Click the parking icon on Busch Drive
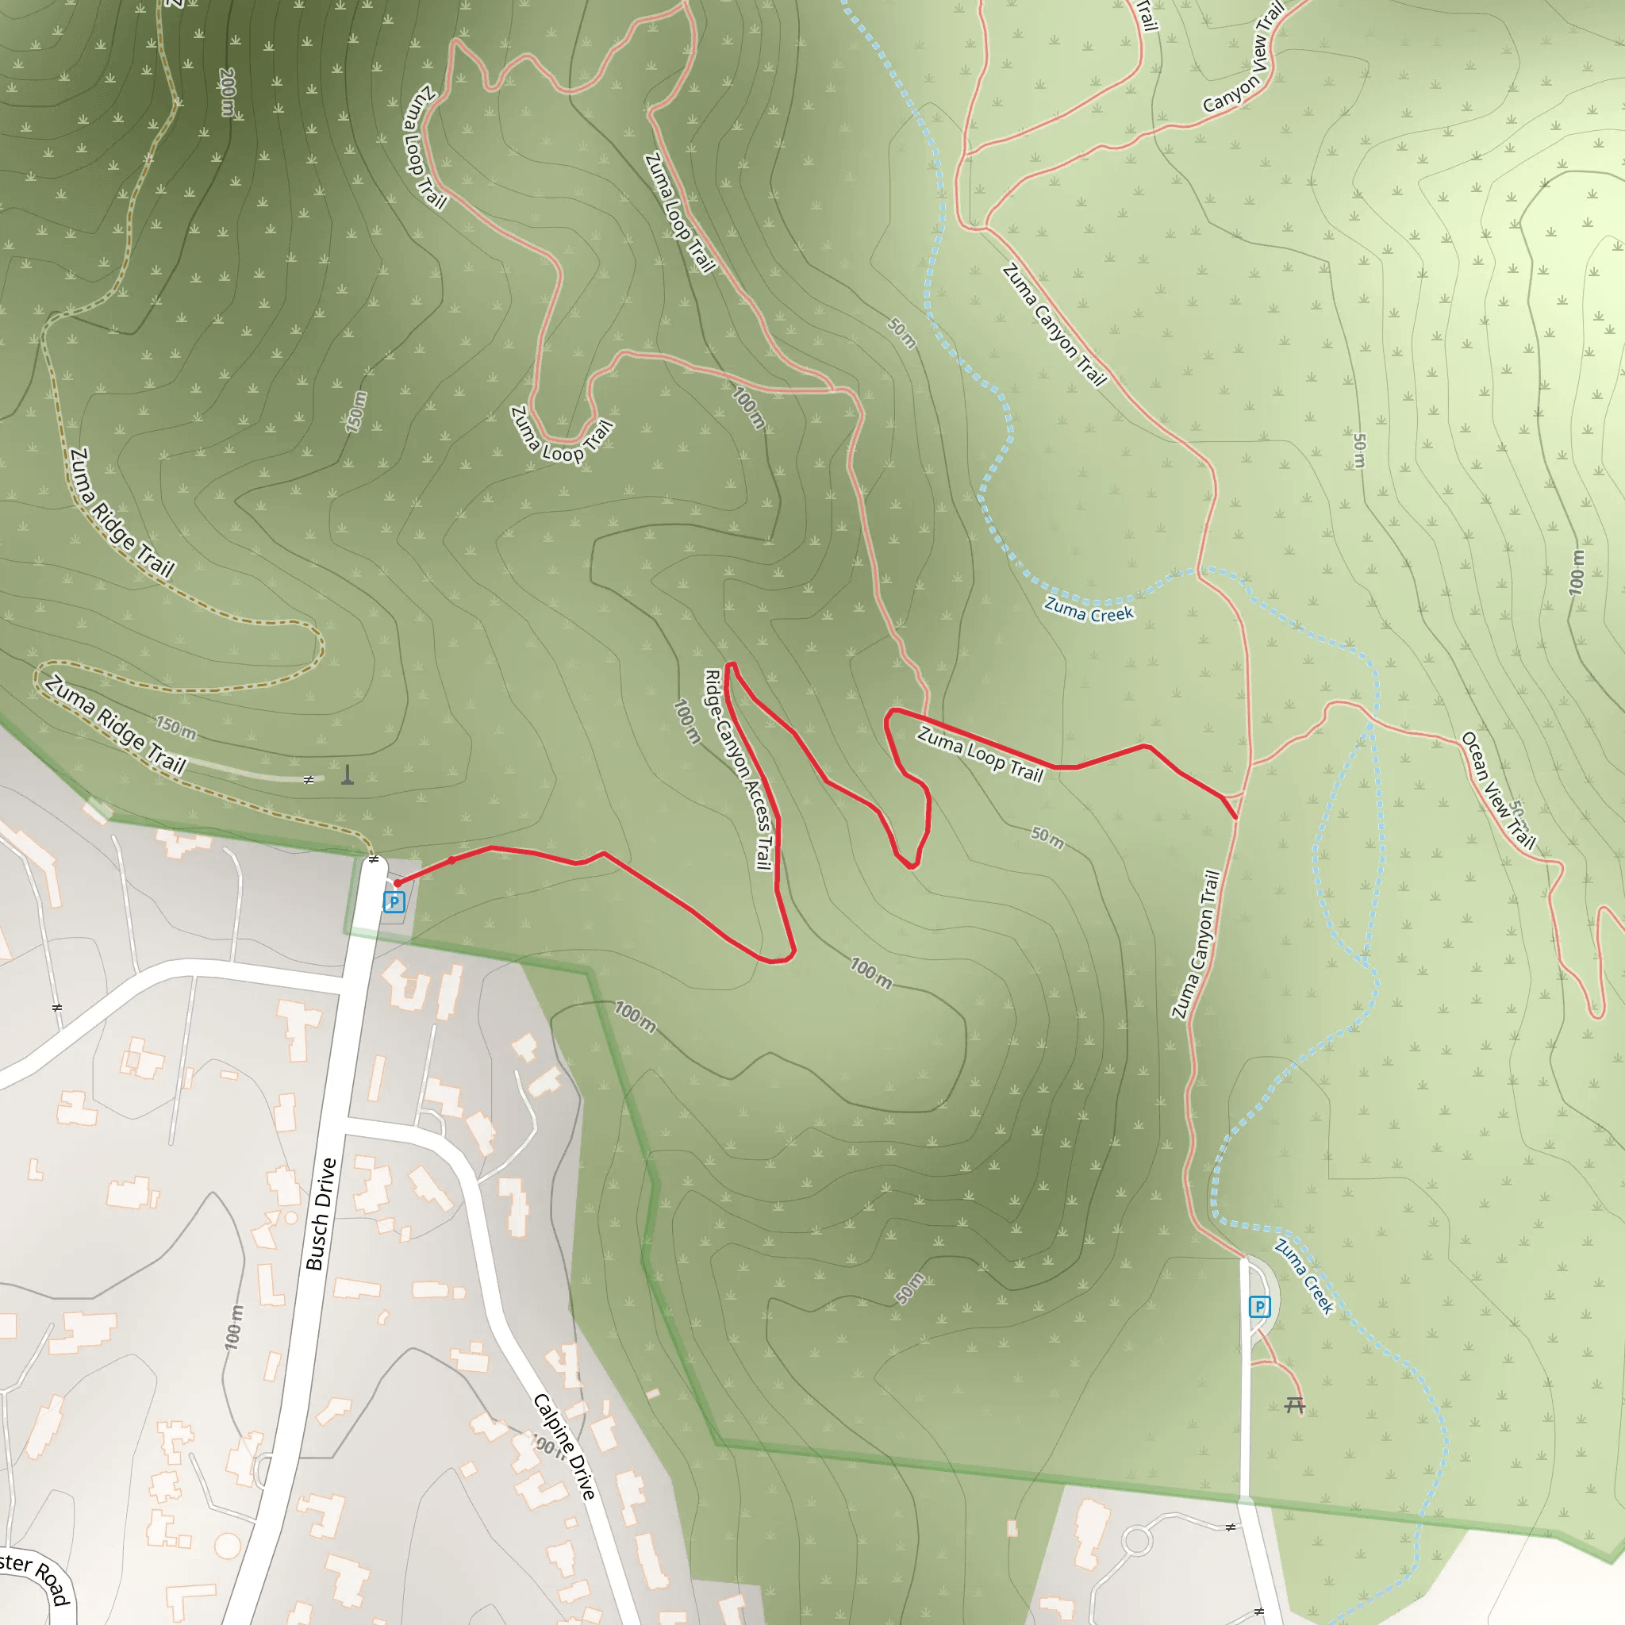(x=394, y=902)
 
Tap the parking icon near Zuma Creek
(x=1259, y=1306)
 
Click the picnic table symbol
(x=1294, y=1404)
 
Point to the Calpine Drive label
(x=564, y=1446)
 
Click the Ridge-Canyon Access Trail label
(x=738, y=769)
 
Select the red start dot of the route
(x=398, y=883)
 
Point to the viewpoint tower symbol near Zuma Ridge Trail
(x=348, y=774)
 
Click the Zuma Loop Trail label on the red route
(x=980, y=755)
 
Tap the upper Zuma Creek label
(x=1089, y=609)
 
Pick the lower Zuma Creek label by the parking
(x=1304, y=1277)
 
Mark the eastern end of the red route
(x=1235, y=816)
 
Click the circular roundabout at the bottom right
(x=1137, y=1541)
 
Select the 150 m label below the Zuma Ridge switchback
(x=176, y=728)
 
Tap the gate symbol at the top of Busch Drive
(x=374, y=859)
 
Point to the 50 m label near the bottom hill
(x=909, y=1289)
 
